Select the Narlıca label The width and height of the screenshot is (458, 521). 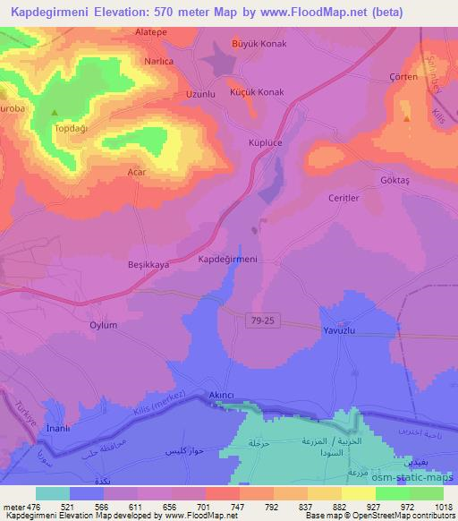pyautogui.click(x=158, y=62)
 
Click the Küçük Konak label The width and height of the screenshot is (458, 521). pyautogui.click(x=257, y=92)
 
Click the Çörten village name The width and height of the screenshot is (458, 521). pyautogui.click(x=403, y=77)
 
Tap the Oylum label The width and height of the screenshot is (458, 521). pyautogui.click(x=103, y=326)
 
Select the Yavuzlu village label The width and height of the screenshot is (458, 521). pyautogui.click(x=340, y=330)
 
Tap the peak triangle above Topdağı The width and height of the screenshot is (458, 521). pyautogui.click(x=55, y=114)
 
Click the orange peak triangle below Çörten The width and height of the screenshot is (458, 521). pyautogui.click(x=407, y=117)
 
